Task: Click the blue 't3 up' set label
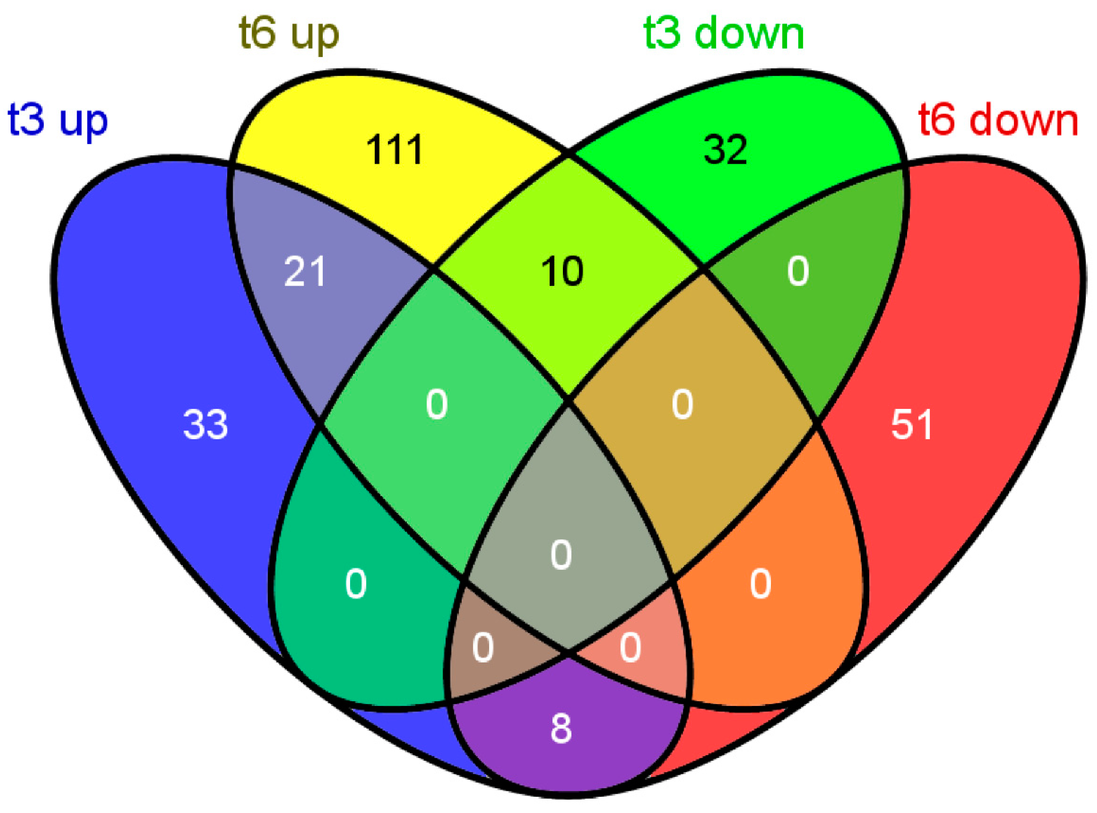[x=58, y=121]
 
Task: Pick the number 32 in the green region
[x=725, y=149]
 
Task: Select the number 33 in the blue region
[x=205, y=424]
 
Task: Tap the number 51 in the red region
[x=911, y=424]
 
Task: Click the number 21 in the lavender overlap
[x=305, y=272]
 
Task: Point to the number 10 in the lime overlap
[x=562, y=272]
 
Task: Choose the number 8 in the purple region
[x=561, y=729]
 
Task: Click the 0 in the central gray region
[x=561, y=555]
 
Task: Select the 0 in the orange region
[x=761, y=585]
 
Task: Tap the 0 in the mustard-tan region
[x=683, y=404]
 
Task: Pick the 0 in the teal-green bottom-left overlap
[x=356, y=585]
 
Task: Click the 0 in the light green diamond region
[x=437, y=404]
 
